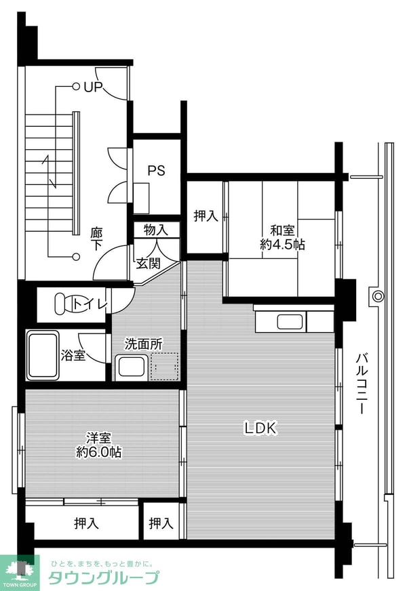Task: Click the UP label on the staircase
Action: pyautogui.click(x=92, y=87)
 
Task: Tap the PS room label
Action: pyautogui.click(x=157, y=170)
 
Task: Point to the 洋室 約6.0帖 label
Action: pyautogui.click(x=98, y=445)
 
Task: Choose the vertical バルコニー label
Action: pyautogui.click(x=362, y=384)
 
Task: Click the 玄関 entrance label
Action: pyautogui.click(x=148, y=263)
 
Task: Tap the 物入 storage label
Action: pyautogui.click(x=155, y=230)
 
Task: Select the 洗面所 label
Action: pyautogui.click(x=143, y=344)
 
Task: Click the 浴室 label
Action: pyautogui.click(x=73, y=354)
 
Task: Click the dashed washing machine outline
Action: pyautogui.click(x=165, y=367)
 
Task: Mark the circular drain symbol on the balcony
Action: pyautogui.click(x=377, y=295)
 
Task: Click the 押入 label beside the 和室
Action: pyautogui.click(x=206, y=216)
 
